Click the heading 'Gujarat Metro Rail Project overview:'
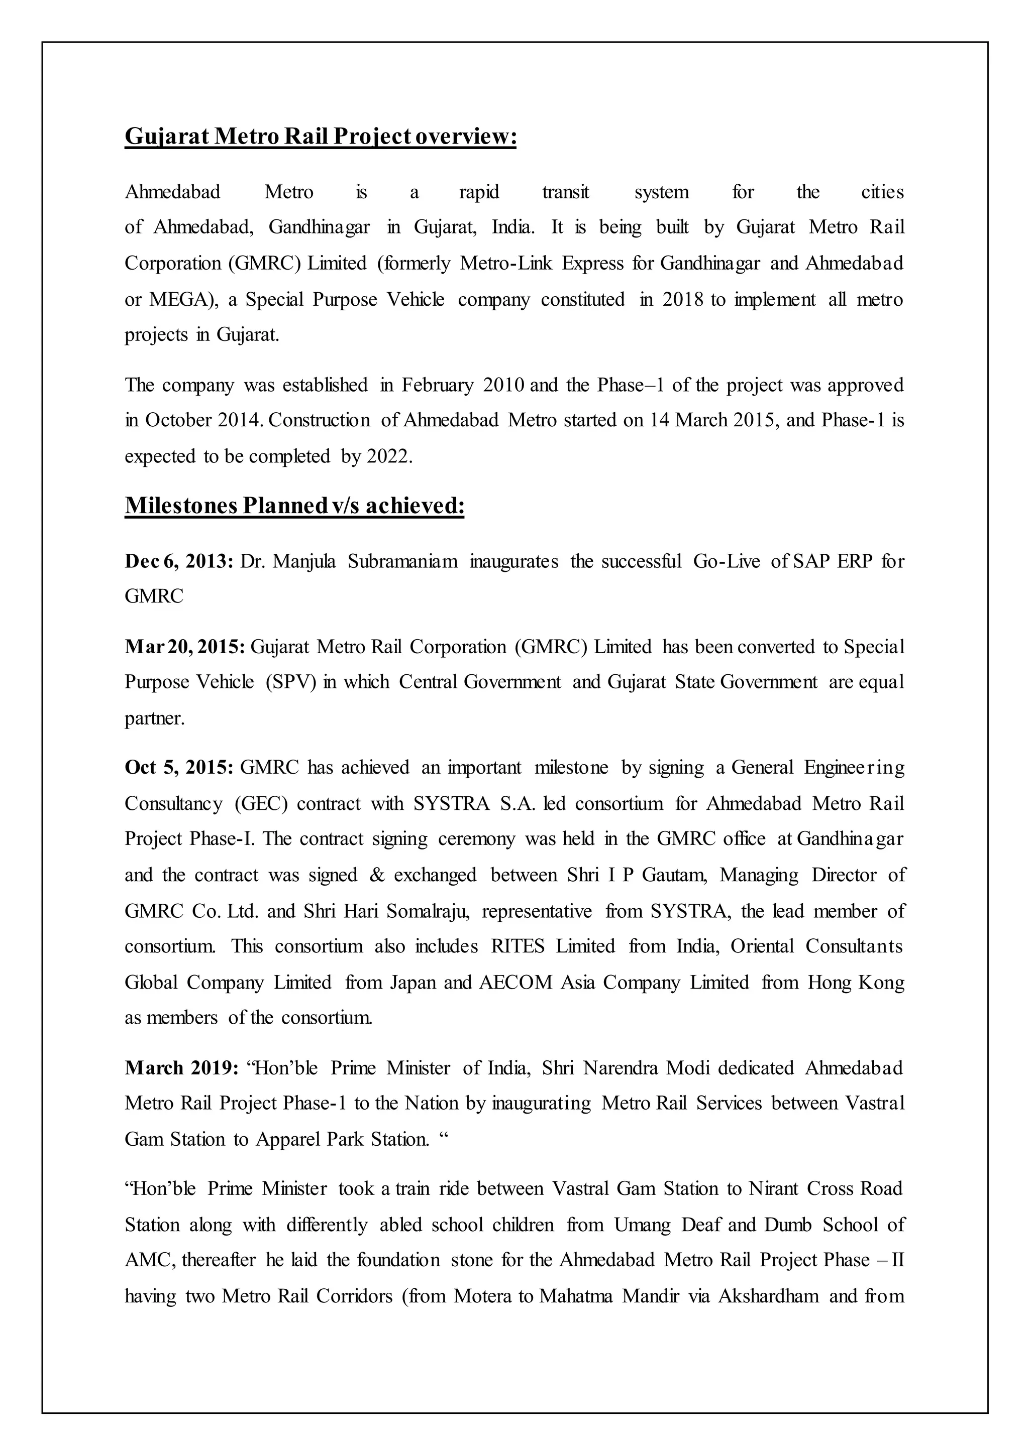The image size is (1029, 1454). point(321,137)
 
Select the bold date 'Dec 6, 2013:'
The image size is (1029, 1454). point(179,562)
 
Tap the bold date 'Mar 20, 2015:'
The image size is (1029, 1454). point(184,647)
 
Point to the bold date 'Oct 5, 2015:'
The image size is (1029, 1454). point(179,768)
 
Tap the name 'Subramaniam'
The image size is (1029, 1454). point(402,562)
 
